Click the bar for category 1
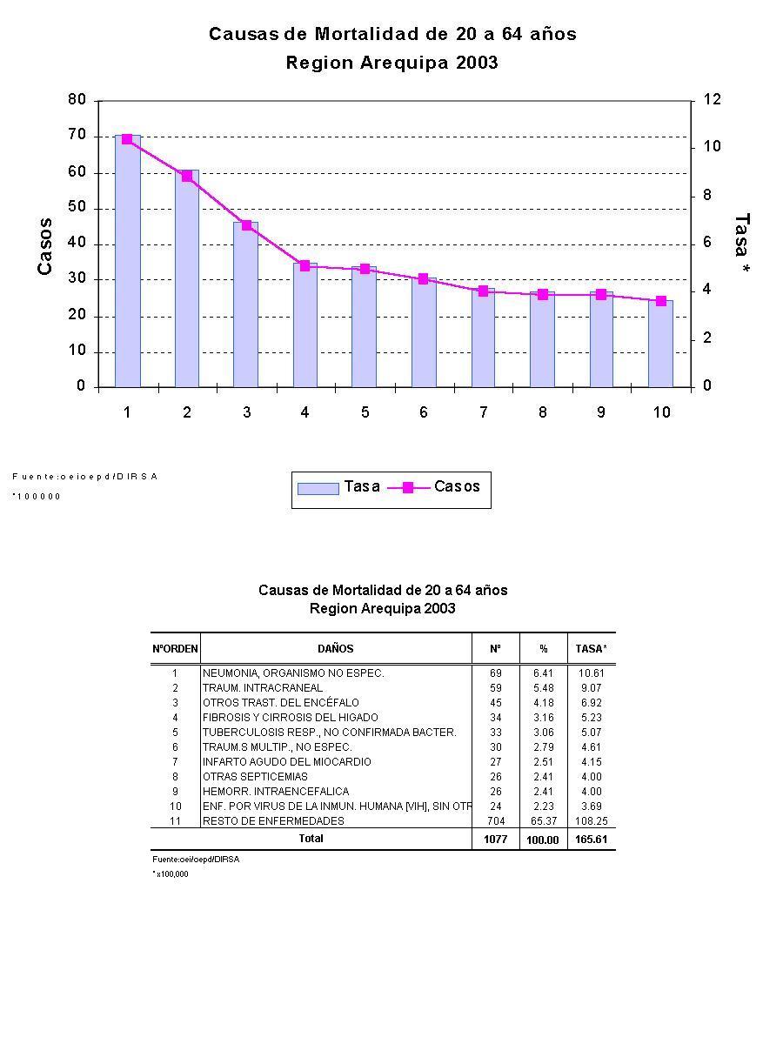click(x=127, y=261)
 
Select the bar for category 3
click(x=245, y=304)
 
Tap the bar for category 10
click(x=660, y=344)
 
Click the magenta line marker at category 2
click(x=187, y=176)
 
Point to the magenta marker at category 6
click(x=423, y=279)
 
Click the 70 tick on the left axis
click(x=78, y=136)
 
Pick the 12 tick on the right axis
click(x=712, y=100)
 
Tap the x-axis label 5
click(x=365, y=412)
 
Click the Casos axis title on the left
click(x=45, y=246)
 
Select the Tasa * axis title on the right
click(x=741, y=246)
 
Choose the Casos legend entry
click(x=440, y=487)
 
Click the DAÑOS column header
click(x=336, y=648)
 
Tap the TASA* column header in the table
click(x=592, y=648)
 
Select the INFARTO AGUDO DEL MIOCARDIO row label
click(x=287, y=762)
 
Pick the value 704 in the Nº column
click(x=495, y=821)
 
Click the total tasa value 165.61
click(x=592, y=840)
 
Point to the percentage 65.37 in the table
click(x=543, y=821)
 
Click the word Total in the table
click(x=311, y=839)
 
